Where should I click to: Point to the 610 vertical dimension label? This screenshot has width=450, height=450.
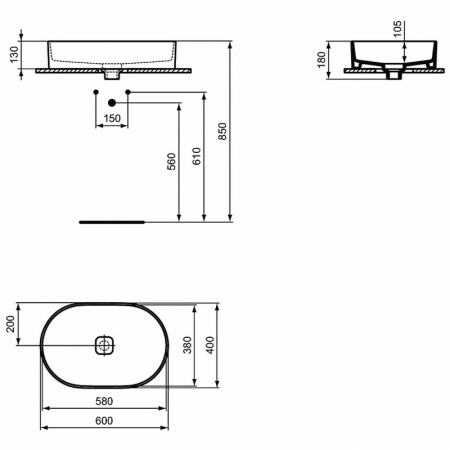tap(197, 157)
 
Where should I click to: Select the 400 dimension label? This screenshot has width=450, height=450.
tap(210, 345)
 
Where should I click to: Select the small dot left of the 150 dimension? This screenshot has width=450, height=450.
tap(95, 93)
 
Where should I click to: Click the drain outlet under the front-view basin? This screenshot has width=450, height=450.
tap(113, 74)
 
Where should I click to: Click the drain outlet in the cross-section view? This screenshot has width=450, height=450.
tap(392, 73)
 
